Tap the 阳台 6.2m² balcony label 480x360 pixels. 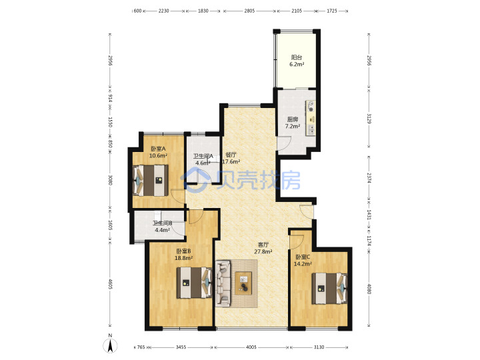click(x=297, y=61)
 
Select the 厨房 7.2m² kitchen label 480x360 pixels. click(x=293, y=123)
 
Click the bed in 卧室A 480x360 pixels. click(x=151, y=181)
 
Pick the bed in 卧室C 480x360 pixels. click(x=329, y=289)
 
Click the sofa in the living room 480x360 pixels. click(x=223, y=283)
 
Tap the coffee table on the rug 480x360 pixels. click(x=243, y=283)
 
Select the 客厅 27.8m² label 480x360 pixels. click(x=263, y=248)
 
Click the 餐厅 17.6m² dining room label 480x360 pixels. click(x=231, y=158)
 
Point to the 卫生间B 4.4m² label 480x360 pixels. click(x=162, y=227)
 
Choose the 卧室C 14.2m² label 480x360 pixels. click(x=303, y=260)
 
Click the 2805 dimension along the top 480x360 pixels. click(x=249, y=11)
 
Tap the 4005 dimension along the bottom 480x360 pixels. click(x=251, y=347)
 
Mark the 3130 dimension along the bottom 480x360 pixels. click(x=319, y=347)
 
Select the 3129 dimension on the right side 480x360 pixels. click(x=369, y=119)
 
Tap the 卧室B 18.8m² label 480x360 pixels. click(x=183, y=255)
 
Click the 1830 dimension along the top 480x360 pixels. click(x=203, y=11)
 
